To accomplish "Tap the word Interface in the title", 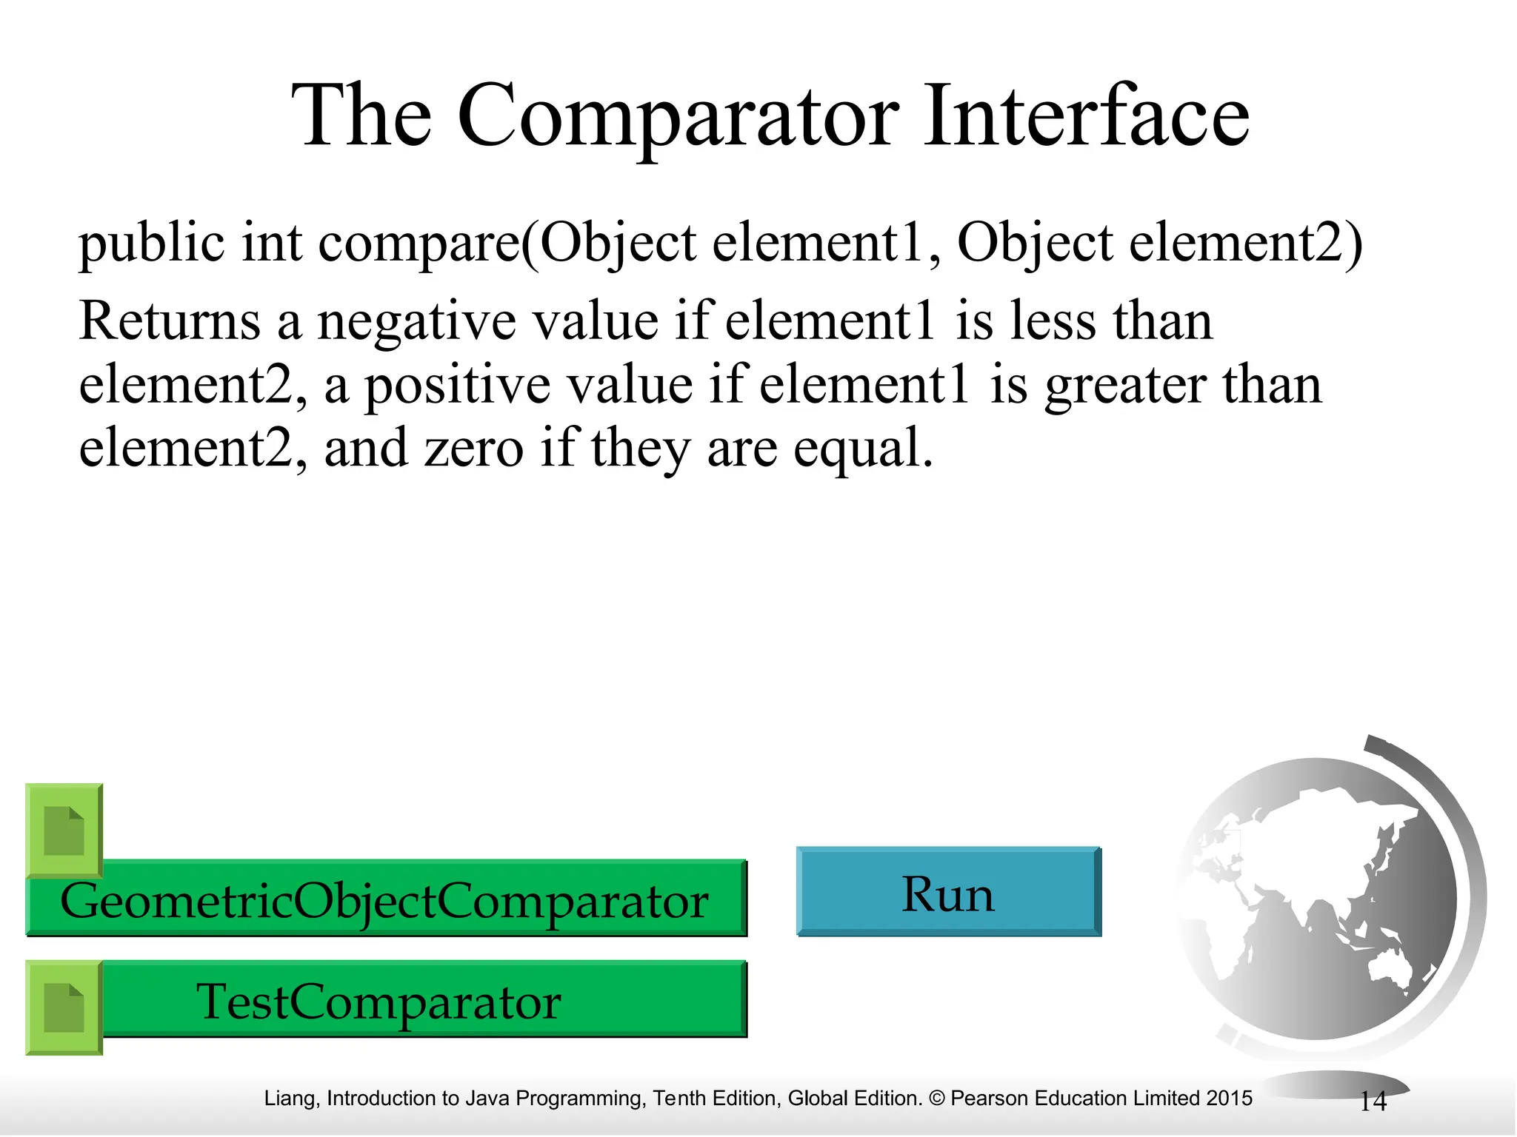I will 1086,117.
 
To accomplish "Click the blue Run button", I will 948,893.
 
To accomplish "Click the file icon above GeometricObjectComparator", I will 64,831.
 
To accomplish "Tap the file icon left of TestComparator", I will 64,1007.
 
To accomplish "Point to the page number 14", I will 1373,1101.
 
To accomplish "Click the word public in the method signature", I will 151,244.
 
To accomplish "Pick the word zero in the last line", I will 474,449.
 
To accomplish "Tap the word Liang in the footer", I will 290,1099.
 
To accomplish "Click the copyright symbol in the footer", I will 936,1099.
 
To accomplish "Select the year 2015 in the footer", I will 1228,1099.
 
